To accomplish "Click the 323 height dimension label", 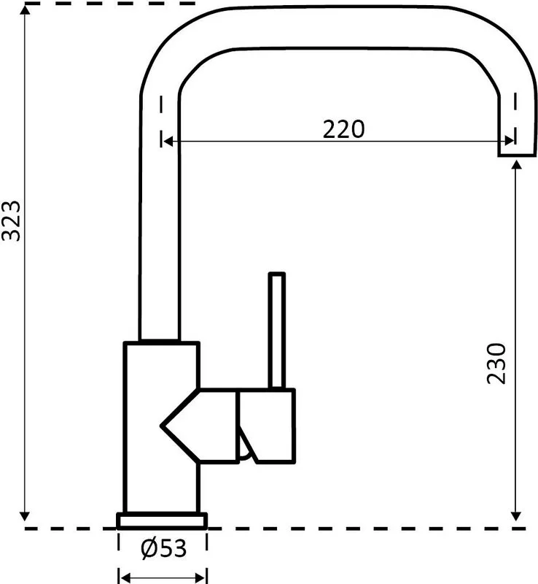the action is (x=11, y=221).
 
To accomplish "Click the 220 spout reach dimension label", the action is (x=343, y=129).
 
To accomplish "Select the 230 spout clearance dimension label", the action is (x=496, y=364).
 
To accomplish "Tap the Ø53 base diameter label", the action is (x=163, y=548).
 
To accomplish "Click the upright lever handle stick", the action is (x=277, y=331).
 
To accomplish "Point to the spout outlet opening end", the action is (x=517, y=155).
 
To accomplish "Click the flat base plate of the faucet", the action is (x=162, y=521).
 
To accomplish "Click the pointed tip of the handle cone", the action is (x=162, y=426).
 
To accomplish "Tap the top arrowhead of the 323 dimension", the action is (x=25, y=9).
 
